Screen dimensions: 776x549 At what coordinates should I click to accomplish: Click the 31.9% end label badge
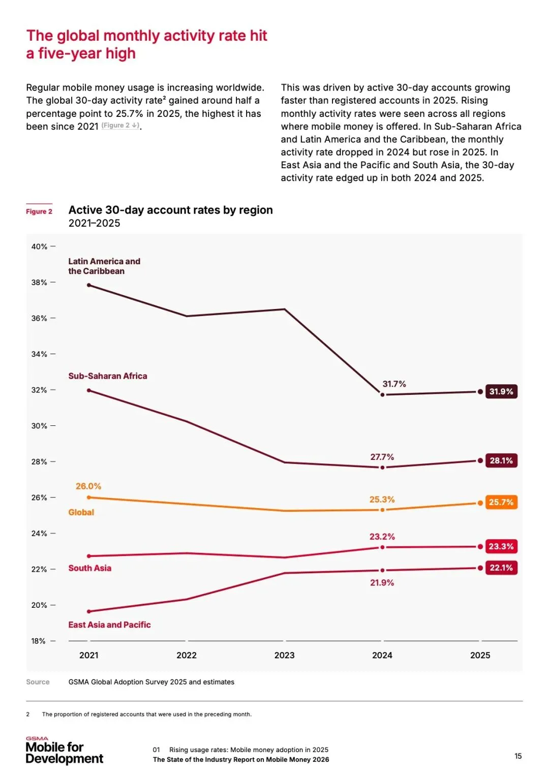click(x=501, y=391)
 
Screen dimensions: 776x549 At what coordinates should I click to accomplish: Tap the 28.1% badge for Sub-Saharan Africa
click(x=501, y=460)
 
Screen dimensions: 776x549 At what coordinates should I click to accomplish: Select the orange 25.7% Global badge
click(x=501, y=502)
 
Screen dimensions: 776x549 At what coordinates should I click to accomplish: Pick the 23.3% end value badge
click(x=501, y=546)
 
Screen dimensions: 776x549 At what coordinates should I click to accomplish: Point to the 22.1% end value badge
click(x=501, y=568)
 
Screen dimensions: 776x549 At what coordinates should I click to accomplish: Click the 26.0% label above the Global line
click(x=88, y=486)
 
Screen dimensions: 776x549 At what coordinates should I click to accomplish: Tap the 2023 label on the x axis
click(x=284, y=655)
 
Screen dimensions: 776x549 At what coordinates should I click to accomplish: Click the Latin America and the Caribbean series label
click(x=104, y=266)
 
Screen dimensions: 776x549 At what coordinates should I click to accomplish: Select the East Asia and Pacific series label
click(x=109, y=625)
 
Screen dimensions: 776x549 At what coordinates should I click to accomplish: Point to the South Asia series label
click(x=89, y=568)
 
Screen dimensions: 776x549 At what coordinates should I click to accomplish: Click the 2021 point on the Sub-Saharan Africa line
click(x=89, y=390)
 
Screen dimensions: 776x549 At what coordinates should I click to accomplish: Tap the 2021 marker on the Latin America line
click(x=89, y=285)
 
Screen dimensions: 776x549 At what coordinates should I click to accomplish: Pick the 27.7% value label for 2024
click(x=382, y=457)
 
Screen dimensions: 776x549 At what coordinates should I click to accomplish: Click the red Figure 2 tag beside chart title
click(x=39, y=211)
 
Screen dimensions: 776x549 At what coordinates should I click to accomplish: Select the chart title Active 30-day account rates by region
click(x=170, y=210)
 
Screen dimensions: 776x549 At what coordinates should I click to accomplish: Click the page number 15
click(x=518, y=756)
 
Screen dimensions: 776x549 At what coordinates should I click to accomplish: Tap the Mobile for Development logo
click(x=64, y=751)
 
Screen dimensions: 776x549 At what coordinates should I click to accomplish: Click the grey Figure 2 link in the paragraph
click(x=120, y=126)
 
